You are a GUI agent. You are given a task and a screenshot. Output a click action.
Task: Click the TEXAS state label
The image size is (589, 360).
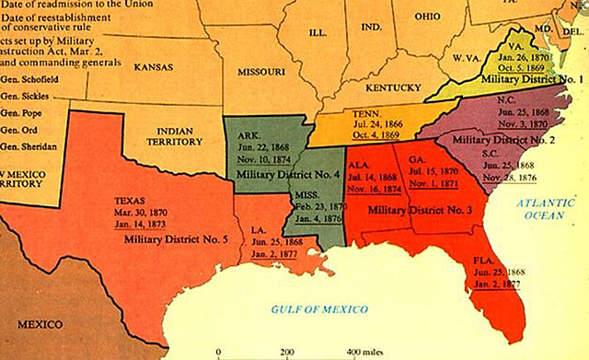pyautogui.click(x=129, y=199)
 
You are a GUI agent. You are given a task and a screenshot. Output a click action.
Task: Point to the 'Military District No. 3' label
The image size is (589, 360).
pyautogui.click(x=419, y=211)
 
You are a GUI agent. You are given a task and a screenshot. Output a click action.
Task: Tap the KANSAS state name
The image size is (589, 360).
pyautogui.click(x=155, y=67)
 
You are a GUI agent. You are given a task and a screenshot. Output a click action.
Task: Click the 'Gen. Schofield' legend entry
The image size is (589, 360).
pyautogui.click(x=27, y=80)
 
